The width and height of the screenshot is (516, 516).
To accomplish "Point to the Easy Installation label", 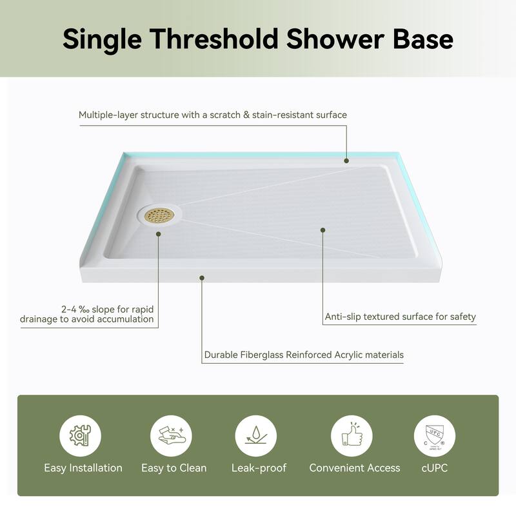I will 83,468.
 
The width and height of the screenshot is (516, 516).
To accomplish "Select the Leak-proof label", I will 259,468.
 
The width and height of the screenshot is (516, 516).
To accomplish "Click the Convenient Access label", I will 355,468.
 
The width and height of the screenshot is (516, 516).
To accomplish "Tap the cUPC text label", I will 434,468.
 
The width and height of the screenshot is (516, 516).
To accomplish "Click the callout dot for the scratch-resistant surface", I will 346,161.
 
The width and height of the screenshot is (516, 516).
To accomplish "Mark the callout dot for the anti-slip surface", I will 323,230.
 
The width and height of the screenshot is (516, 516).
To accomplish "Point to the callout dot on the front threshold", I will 202,278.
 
